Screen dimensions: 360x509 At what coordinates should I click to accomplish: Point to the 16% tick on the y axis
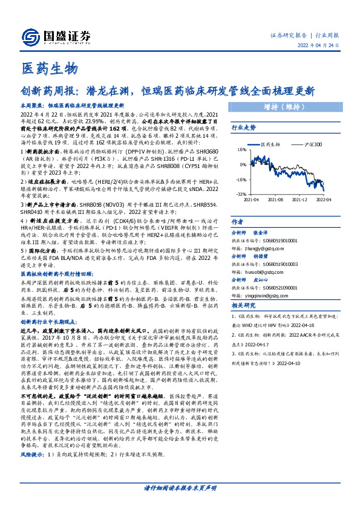click(x=242, y=149)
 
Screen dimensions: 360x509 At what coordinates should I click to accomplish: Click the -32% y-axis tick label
click(x=241, y=193)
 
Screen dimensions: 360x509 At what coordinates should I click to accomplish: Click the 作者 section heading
click(x=237, y=222)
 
